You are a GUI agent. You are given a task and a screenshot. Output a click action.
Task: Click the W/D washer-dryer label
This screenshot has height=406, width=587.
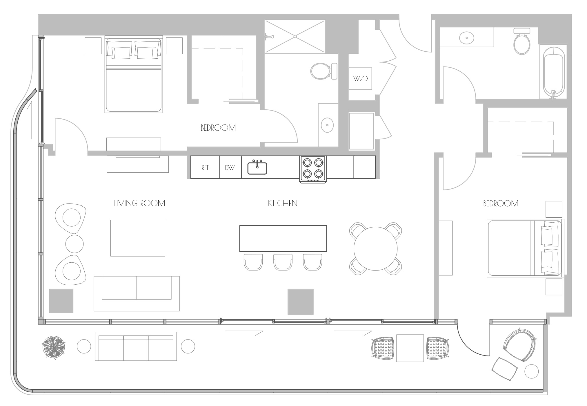360,79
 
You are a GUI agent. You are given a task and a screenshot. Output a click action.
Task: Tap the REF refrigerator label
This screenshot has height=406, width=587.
205,168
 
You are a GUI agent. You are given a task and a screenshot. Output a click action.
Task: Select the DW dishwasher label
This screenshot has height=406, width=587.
230,168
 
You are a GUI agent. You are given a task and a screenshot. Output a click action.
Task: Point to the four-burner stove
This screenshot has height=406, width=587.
313,169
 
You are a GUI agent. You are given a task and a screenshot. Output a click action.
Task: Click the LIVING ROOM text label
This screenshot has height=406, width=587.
139,203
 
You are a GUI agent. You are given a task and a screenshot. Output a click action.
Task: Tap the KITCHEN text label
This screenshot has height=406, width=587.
283,203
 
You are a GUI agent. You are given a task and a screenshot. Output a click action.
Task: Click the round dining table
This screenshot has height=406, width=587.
375,249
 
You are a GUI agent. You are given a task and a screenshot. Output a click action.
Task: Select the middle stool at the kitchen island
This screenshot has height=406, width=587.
283,262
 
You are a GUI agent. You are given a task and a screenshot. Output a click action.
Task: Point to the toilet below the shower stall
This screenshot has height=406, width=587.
324,71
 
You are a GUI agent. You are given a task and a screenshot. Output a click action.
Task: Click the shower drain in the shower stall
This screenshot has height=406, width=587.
295,37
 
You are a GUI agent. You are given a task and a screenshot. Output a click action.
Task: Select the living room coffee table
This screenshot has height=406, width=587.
138,238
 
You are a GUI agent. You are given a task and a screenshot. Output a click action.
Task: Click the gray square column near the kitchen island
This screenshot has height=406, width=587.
301,302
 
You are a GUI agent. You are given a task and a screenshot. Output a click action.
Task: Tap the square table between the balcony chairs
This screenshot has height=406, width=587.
410,348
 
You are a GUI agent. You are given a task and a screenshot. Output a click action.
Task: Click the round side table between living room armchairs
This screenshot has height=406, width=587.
74,243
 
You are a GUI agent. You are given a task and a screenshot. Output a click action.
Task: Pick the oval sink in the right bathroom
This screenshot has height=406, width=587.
467,38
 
